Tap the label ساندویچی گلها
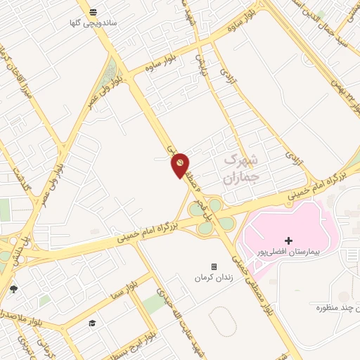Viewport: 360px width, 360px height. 94,23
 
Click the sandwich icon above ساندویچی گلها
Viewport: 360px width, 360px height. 94,11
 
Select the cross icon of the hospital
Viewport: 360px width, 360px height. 288,241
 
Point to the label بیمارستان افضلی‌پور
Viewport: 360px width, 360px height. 289,252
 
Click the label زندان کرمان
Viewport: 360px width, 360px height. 214,278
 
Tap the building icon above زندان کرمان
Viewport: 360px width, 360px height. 214,267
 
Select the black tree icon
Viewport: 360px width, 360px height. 13,289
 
